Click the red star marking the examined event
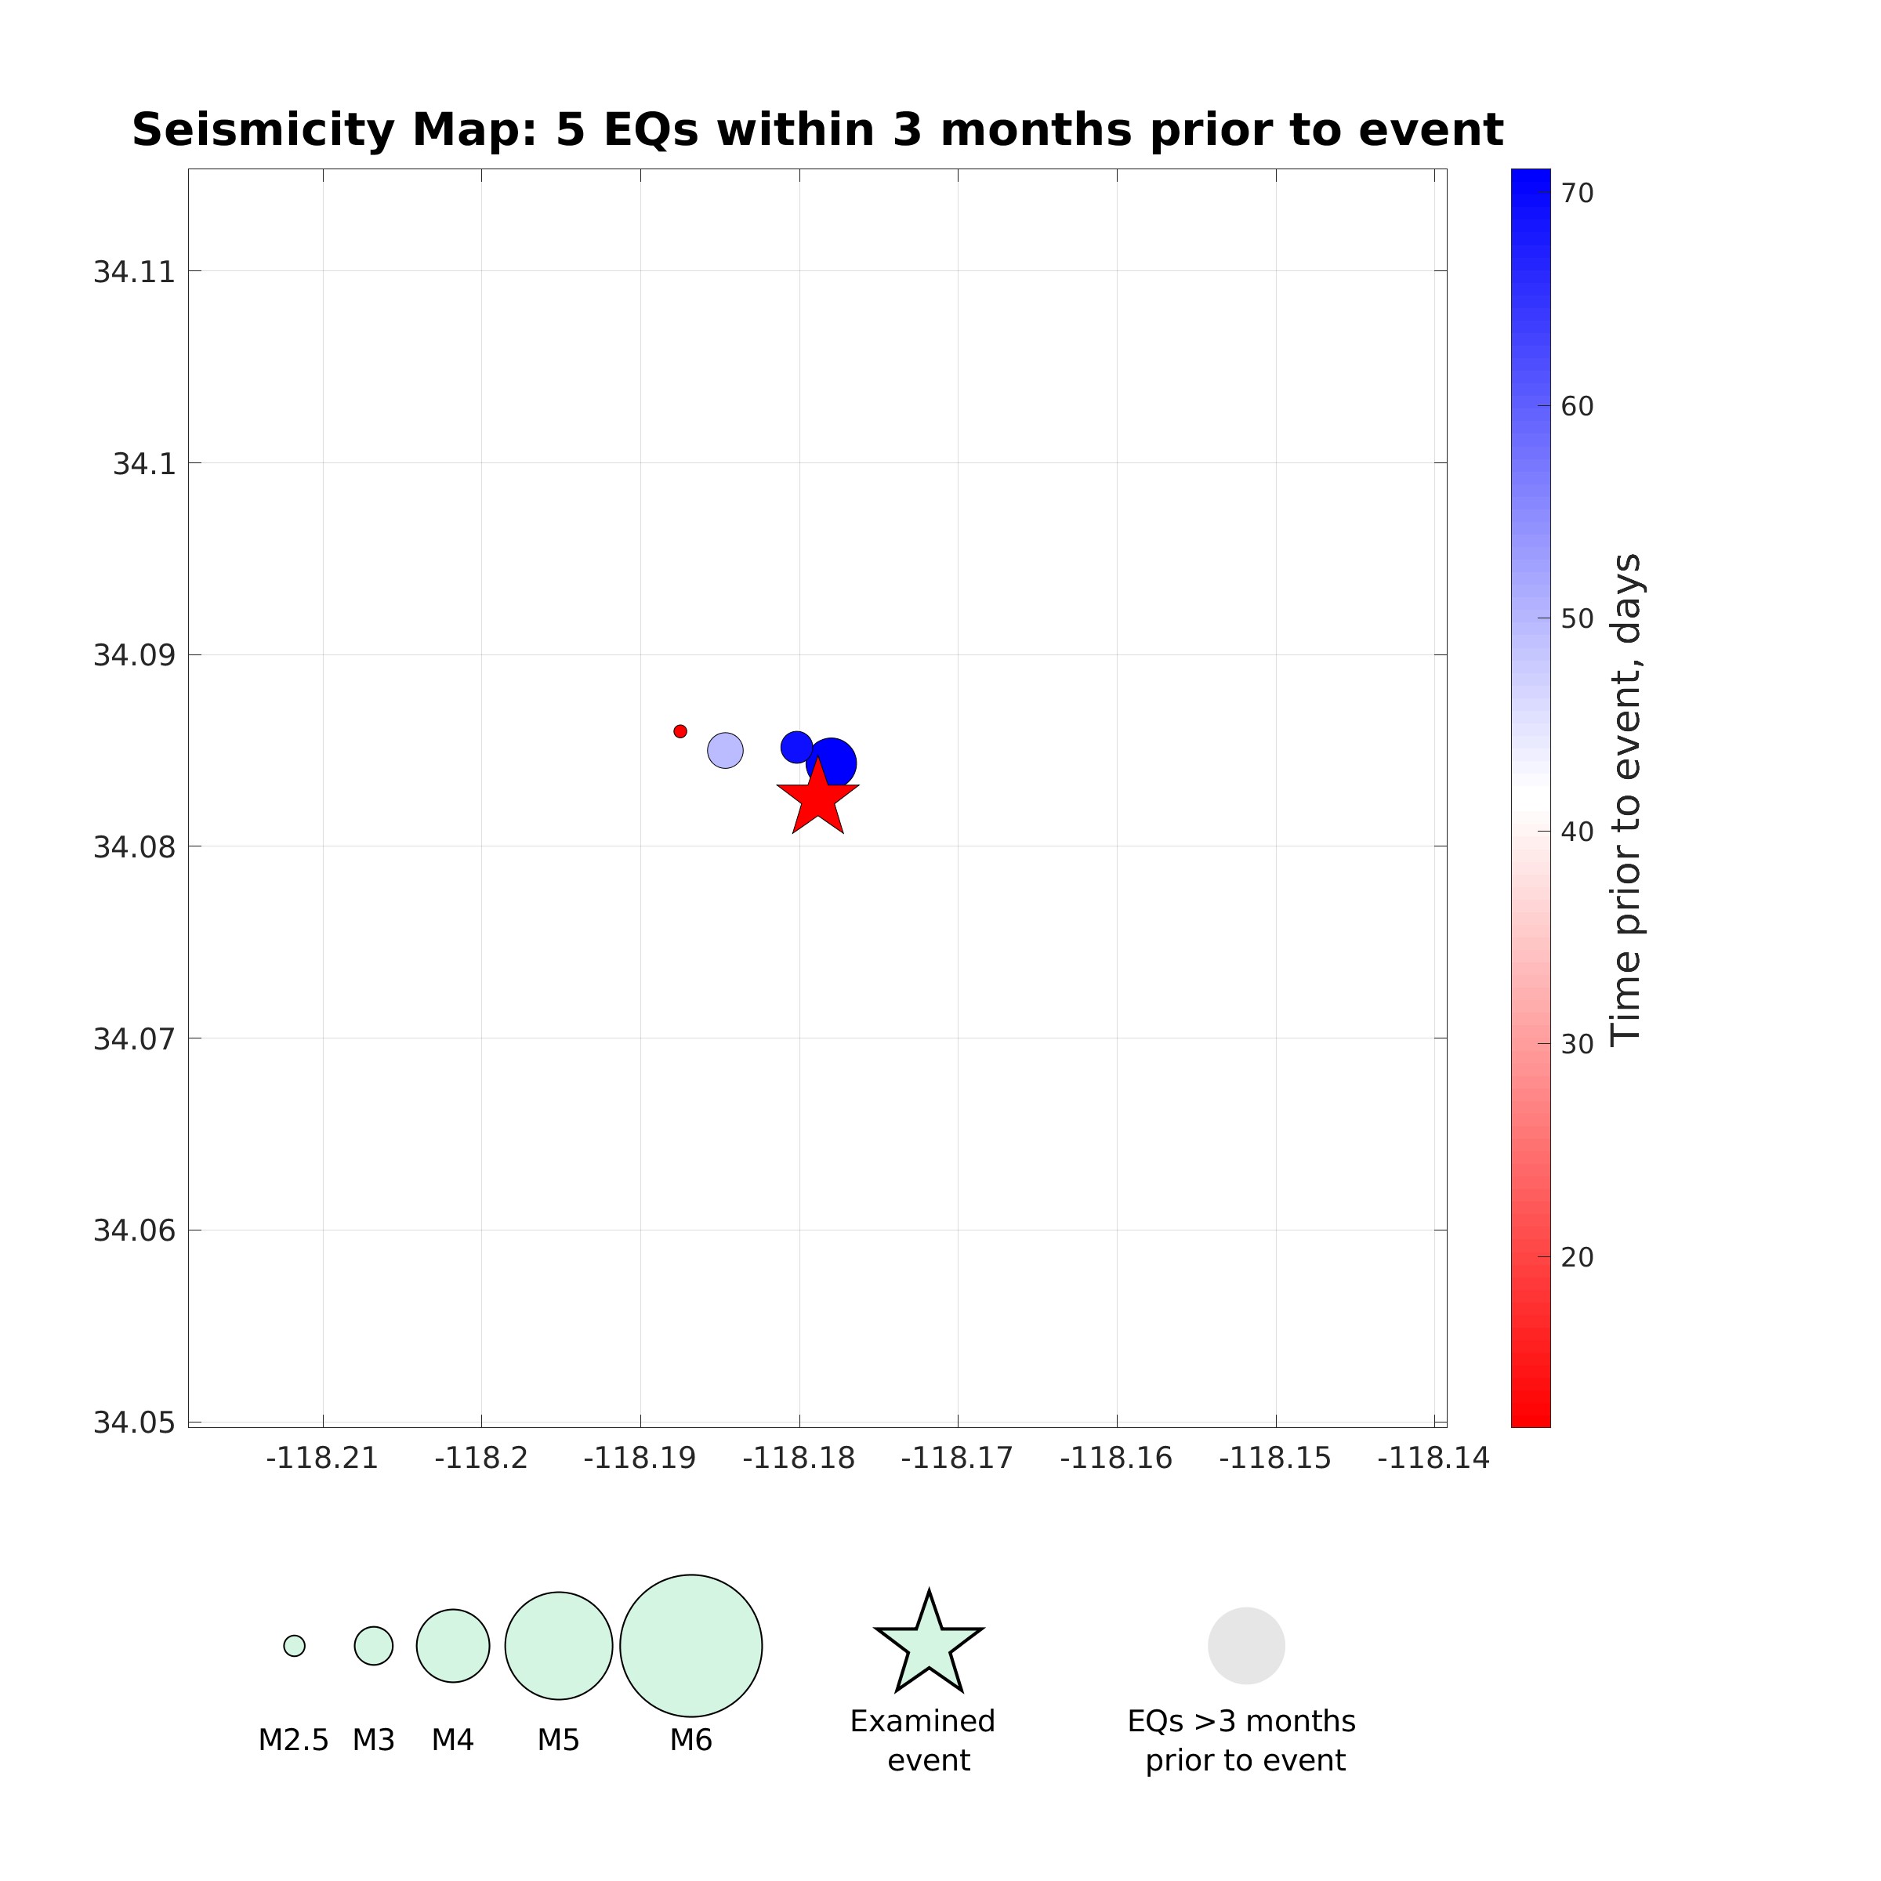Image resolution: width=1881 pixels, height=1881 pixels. point(817,799)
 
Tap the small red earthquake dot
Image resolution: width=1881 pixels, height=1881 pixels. point(680,731)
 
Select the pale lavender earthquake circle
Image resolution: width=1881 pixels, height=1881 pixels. point(725,751)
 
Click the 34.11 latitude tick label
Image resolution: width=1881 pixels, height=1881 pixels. point(134,272)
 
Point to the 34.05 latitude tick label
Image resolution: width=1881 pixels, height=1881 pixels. point(134,1423)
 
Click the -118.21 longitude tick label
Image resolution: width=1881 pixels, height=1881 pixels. point(322,1459)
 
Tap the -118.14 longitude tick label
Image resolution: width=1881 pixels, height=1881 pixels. point(1433,1459)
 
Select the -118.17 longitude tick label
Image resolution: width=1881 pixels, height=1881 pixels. point(957,1459)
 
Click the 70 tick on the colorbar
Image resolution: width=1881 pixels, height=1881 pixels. point(1577,194)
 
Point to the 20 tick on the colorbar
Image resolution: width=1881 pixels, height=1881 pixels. point(1577,1258)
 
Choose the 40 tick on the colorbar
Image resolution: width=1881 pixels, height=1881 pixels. point(1577,832)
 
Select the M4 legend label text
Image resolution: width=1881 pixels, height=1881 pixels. point(453,1740)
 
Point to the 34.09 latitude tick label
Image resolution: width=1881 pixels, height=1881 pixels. point(134,655)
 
